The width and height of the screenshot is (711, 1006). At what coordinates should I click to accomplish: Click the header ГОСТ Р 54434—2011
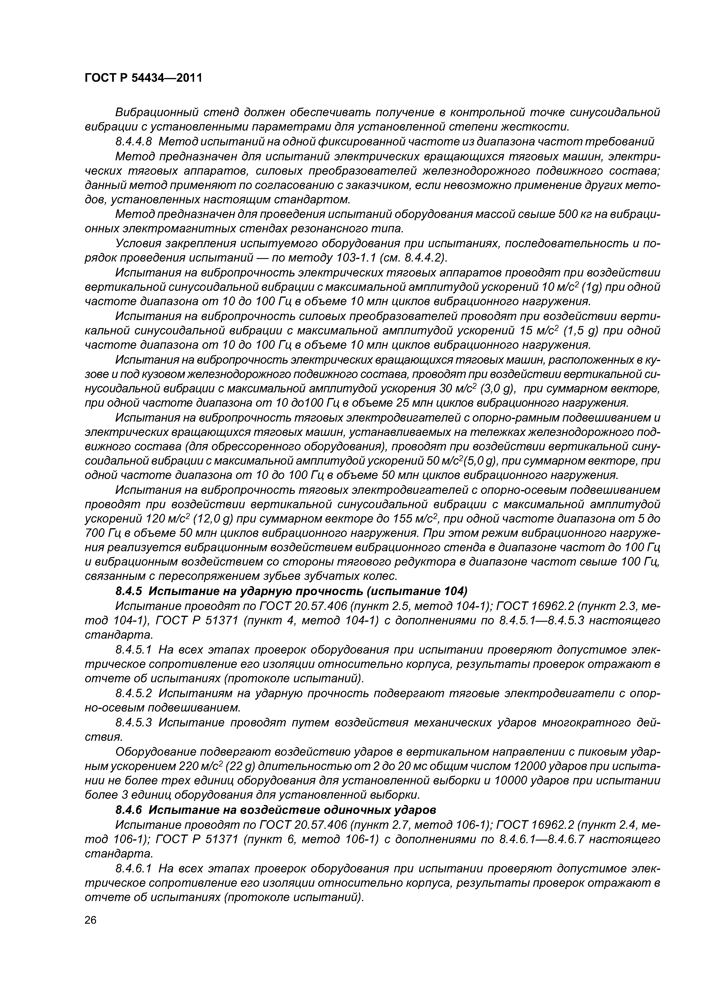tap(143, 78)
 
